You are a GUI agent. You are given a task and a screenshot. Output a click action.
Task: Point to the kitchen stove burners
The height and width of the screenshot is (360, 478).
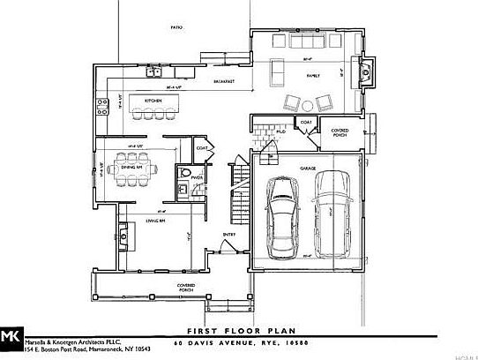(99, 110)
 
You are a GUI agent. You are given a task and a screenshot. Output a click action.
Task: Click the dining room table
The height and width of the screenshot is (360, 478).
(132, 167)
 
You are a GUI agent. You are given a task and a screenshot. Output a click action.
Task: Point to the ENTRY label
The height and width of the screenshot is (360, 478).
(228, 234)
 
